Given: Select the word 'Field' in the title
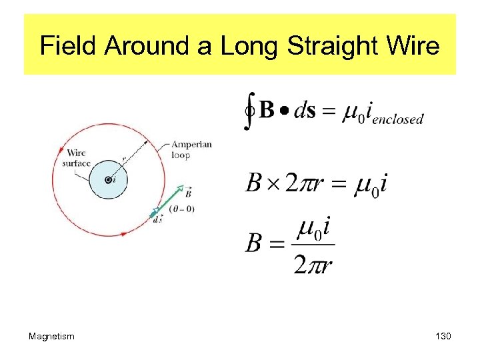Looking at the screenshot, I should pyautogui.click(x=68, y=47).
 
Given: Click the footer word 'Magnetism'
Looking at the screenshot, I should pyautogui.click(x=51, y=337).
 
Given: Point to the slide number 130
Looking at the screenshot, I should pyautogui.click(x=442, y=337).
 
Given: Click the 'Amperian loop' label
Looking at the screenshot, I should pyautogui.click(x=191, y=149).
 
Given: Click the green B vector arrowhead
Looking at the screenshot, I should pyautogui.click(x=179, y=188).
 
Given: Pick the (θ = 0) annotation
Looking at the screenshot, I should pyautogui.click(x=181, y=209).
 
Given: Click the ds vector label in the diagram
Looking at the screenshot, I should pyautogui.click(x=157, y=219).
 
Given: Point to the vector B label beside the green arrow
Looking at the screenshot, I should pyautogui.click(x=189, y=193).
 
